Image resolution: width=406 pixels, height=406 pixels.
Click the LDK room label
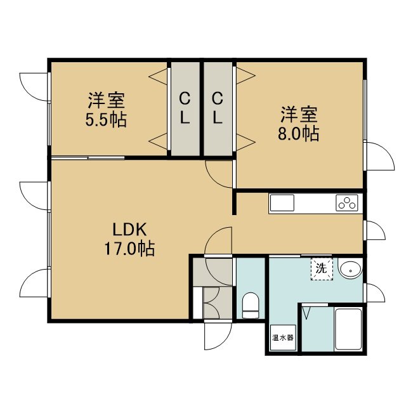point(129,229)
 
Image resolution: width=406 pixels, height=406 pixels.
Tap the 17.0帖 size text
point(129,249)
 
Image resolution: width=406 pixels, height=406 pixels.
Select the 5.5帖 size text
point(106,120)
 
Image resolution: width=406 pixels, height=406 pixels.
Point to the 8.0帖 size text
point(298,134)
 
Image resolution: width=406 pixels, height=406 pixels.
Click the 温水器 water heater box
point(282,337)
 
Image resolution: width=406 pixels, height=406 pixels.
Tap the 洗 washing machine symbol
point(322,268)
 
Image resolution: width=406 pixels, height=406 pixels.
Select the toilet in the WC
point(251,305)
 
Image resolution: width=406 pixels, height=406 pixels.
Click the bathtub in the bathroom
point(348,330)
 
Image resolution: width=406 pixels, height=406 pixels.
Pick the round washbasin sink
point(350,270)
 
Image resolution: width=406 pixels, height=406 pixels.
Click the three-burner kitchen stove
point(347,203)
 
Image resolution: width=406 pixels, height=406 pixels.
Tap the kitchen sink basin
point(282,203)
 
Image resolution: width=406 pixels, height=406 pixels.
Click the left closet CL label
point(185,108)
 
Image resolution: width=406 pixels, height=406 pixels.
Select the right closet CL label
point(218,108)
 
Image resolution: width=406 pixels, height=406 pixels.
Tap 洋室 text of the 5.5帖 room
point(106,100)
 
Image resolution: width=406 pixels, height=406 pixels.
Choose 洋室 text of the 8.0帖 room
point(299,114)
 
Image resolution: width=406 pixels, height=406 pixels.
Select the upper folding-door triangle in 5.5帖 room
point(158,76)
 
